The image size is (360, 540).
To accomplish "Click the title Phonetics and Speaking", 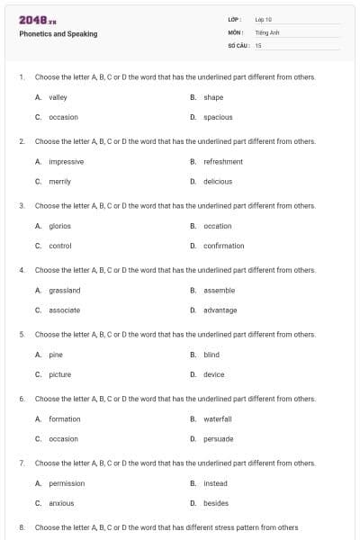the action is pyautogui.click(x=58, y=34).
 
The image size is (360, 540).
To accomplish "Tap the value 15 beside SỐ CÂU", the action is pyautogui.click(x=258, y=44).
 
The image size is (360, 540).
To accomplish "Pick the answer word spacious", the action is pyautogui.click(x=218, y=117).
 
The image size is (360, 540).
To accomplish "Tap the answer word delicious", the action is pyautogui.click(x=218, y=181).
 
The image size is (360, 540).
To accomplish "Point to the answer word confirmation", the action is pyautogui.click(x=224, y=246).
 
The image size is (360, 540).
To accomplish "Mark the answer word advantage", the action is pyautogui.click(x=220, y=310).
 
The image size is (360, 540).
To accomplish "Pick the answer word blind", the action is pyautogui.click(x=211, y=355).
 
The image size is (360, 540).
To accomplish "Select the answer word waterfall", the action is pyautogui.click(x=218, y=418).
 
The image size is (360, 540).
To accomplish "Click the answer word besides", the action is pyautogui.click(x=216, y=503).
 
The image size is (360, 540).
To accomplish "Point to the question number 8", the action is pyautogui.click(x=21, y=527).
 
